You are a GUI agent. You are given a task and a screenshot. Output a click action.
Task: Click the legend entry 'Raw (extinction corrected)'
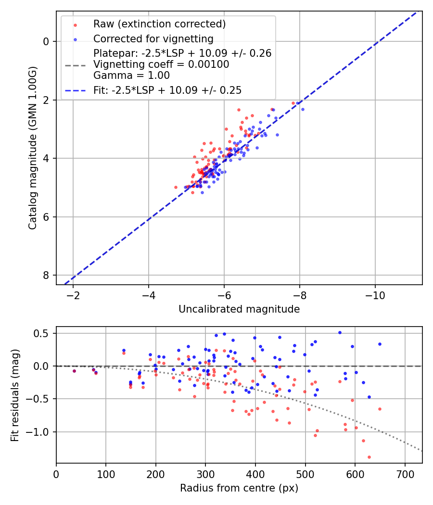coord(159,24)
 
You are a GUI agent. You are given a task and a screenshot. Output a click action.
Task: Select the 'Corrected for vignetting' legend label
coord(153,38)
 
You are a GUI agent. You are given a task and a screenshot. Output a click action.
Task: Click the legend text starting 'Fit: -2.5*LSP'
coord(167,90)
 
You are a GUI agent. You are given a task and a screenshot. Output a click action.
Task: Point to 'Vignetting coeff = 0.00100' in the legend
coord(161,64)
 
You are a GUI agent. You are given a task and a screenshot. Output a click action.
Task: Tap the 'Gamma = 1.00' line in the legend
coord(132,75)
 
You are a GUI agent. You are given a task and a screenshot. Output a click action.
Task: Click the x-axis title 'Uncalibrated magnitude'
coord(239,309)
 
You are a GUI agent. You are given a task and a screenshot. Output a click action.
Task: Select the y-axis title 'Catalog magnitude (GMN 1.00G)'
coord(32,148)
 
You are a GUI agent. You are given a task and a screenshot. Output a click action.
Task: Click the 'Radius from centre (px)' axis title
coord(239,488)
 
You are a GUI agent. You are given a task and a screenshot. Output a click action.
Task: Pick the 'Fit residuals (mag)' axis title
coord(15,395)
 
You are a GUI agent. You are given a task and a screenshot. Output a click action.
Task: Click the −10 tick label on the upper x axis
coord(375,295)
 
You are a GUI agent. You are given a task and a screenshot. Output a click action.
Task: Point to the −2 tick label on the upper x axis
coord(73,295)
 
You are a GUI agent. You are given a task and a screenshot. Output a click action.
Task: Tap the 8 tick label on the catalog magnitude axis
coord(46,275)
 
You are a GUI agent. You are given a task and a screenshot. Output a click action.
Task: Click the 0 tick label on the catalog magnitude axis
coord(46,41)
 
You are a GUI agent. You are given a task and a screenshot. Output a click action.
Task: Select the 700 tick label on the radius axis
coord(405,474)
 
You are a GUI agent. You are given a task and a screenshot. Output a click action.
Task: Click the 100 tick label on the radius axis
coord(106,474)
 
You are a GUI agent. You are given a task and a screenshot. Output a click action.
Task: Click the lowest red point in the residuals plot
coord(369,457)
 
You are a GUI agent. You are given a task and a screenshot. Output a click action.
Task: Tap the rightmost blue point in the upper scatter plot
coord(303,109)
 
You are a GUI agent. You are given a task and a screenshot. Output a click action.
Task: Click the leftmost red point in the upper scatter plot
coord(176,187)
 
